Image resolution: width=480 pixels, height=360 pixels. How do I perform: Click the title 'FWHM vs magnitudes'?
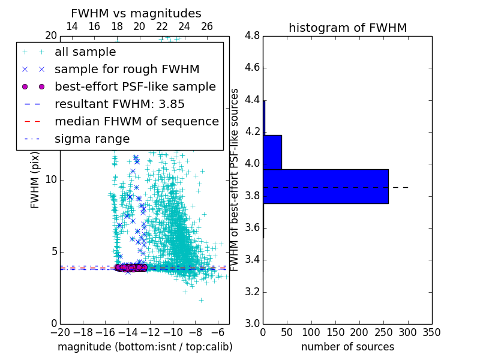click(136, 13)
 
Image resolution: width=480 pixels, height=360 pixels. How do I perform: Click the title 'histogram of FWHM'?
click(347, 28)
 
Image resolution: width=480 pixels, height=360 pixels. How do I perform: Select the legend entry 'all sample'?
click(85, 52)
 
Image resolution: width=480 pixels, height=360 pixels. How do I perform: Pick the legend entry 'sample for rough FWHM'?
click(127, 69)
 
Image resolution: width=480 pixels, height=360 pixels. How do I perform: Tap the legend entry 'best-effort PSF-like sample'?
click(135, 86)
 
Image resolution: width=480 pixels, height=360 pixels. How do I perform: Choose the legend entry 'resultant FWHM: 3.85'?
click(119, 104)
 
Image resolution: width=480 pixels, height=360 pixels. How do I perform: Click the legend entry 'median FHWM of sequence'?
click(136, 121)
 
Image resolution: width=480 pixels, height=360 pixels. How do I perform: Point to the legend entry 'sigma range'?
click(92, 139)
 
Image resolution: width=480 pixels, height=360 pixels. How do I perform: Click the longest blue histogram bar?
click(326, 187)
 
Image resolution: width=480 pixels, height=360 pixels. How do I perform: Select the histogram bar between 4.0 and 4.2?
click(272, 152)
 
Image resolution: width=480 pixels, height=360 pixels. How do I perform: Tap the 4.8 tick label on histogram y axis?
click(252, 35)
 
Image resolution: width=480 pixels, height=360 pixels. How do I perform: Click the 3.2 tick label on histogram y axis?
click(252, 292)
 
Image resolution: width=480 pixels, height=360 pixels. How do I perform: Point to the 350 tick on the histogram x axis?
click(431, 332)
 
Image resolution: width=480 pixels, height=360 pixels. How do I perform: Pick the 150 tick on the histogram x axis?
click(335, 332)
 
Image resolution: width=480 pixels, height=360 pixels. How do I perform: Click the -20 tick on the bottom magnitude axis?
click(60, 332)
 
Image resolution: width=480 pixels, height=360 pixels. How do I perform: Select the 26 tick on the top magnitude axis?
click(207, 26)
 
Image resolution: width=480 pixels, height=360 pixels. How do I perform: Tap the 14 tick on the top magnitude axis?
click(71, 26)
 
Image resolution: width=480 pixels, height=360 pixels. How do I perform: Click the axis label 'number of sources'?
click(347, 347)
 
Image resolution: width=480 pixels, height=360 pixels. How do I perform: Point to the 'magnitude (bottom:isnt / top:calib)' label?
click(145, 347)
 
